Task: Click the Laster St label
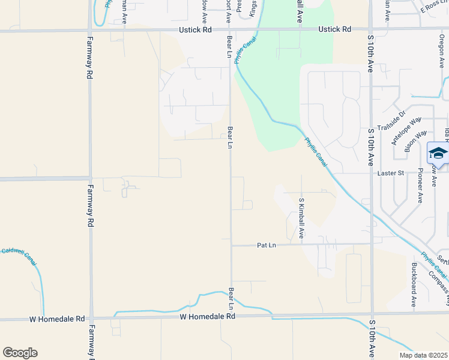pos(393,173)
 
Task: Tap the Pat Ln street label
pos(266,245)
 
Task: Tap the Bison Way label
pos(416,141)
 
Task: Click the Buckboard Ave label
pos(414,284)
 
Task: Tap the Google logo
pos(20,353)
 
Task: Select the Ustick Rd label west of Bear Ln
pos(195,29)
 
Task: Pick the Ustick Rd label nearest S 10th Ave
pos(334,29)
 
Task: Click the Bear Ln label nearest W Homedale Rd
pos(231,298)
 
